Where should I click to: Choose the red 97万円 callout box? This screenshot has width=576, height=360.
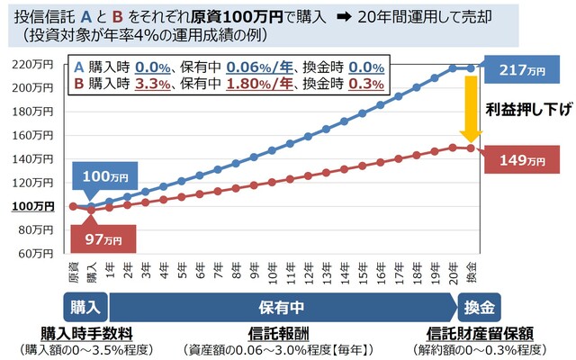tap(101, 239)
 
